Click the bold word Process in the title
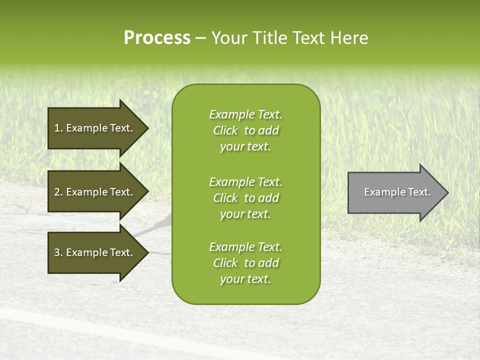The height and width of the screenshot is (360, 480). tap(157, 38)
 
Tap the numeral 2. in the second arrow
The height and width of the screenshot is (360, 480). tap(58, 192)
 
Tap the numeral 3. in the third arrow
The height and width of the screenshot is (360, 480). tap(58, 252)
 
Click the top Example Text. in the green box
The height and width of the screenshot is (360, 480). tap(245, 114)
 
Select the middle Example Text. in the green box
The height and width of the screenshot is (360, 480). tap(245, 182)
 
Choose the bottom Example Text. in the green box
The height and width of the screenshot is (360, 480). tap(245, 247)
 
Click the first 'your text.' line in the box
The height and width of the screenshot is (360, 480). tap(245, 146)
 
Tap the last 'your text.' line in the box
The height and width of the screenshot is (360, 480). tap(245, 279)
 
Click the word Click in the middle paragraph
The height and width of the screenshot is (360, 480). tap(225, 198)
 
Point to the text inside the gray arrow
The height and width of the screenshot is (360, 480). tap(397, 192)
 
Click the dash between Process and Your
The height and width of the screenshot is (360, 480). tap(200, 38)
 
